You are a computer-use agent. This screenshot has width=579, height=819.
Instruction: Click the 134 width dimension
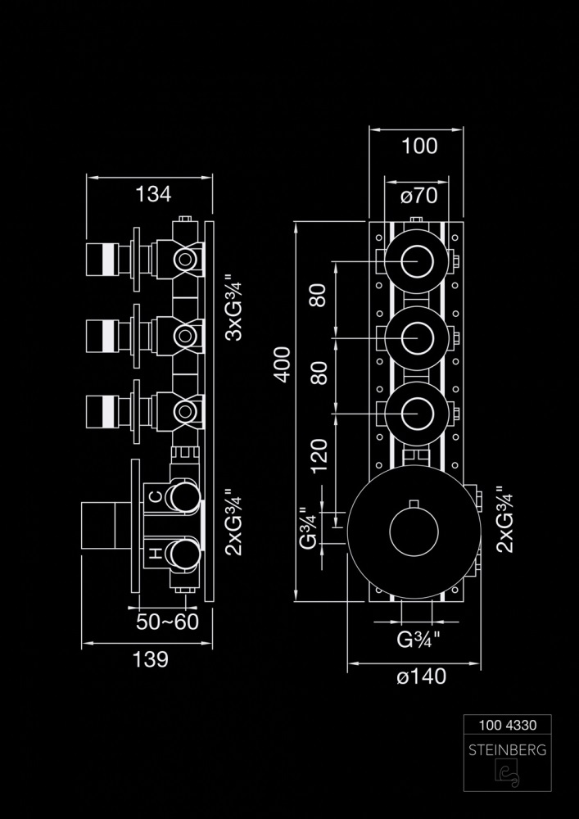(x=153, y=194)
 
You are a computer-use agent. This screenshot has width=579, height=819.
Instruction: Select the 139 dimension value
(x=152, y=658)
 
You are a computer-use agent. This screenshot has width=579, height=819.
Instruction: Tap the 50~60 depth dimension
(x=169, y=622)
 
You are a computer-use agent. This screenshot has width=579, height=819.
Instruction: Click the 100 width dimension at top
(x=420, y=147)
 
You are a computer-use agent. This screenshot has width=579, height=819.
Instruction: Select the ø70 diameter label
(x=419, y=196)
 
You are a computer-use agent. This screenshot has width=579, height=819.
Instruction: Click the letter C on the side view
(x=155, y=495)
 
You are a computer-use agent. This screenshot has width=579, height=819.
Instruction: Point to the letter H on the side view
(x=155, y=554)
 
